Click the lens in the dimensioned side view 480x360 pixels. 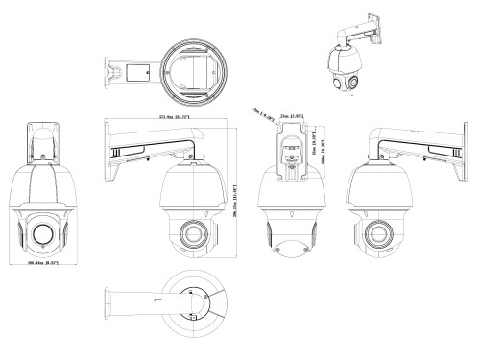191,232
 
